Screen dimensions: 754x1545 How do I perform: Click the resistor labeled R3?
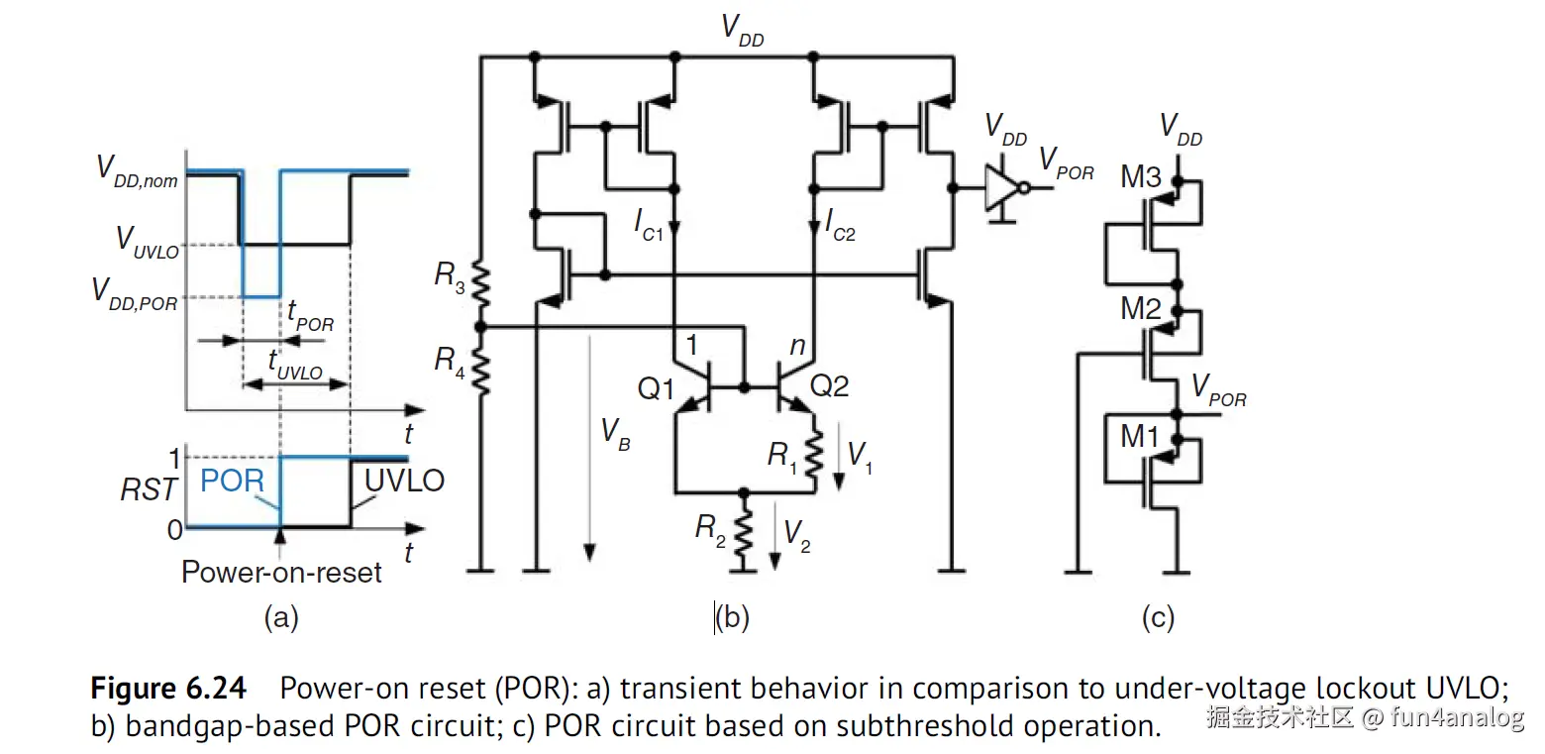480,285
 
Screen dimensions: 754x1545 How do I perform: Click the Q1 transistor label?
656,387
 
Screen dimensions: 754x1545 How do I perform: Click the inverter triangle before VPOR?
1001,186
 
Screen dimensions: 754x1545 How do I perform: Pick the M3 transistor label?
1141,177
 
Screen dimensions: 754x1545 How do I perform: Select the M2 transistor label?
1141,308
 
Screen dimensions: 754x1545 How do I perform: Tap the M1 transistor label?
1141,436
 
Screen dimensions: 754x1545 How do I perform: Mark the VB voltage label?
614,432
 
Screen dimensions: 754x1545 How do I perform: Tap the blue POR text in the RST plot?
232,482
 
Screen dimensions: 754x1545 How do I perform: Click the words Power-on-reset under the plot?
281,572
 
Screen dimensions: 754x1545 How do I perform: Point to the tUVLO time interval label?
295,366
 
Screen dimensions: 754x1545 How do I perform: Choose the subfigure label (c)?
1157,619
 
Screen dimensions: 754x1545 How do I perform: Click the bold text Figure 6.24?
168,688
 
